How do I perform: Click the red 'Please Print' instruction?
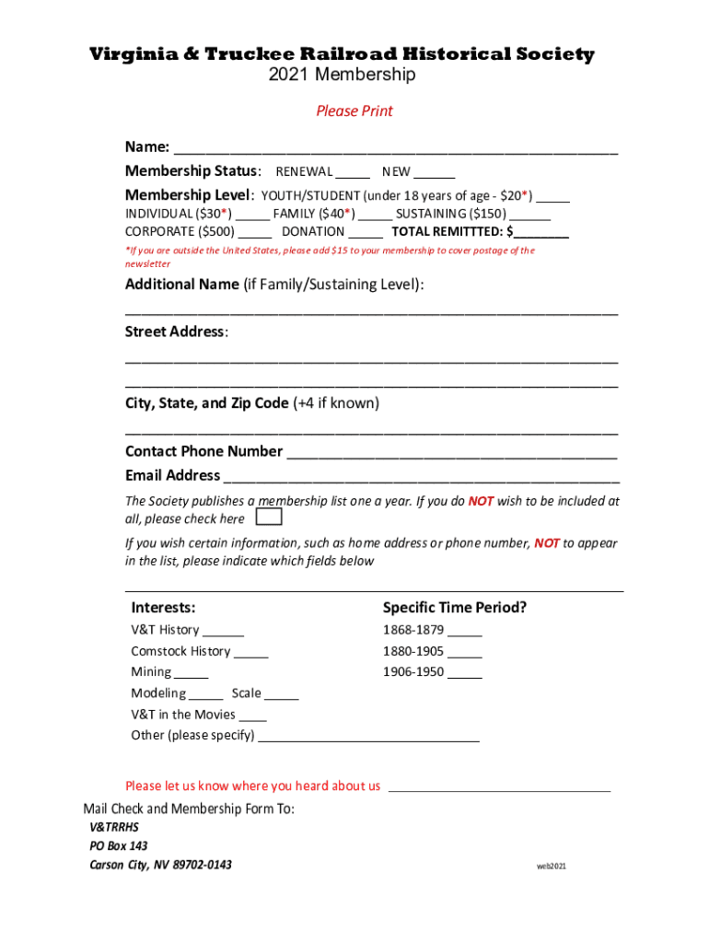(354, 111)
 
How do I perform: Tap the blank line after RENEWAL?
(353, 174)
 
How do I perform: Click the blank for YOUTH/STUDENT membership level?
(552, 198)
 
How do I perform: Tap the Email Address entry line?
(421, 478)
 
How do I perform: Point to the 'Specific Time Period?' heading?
(455, 608)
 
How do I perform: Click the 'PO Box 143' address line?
(118, 845)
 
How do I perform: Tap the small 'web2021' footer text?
(552, 867)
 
